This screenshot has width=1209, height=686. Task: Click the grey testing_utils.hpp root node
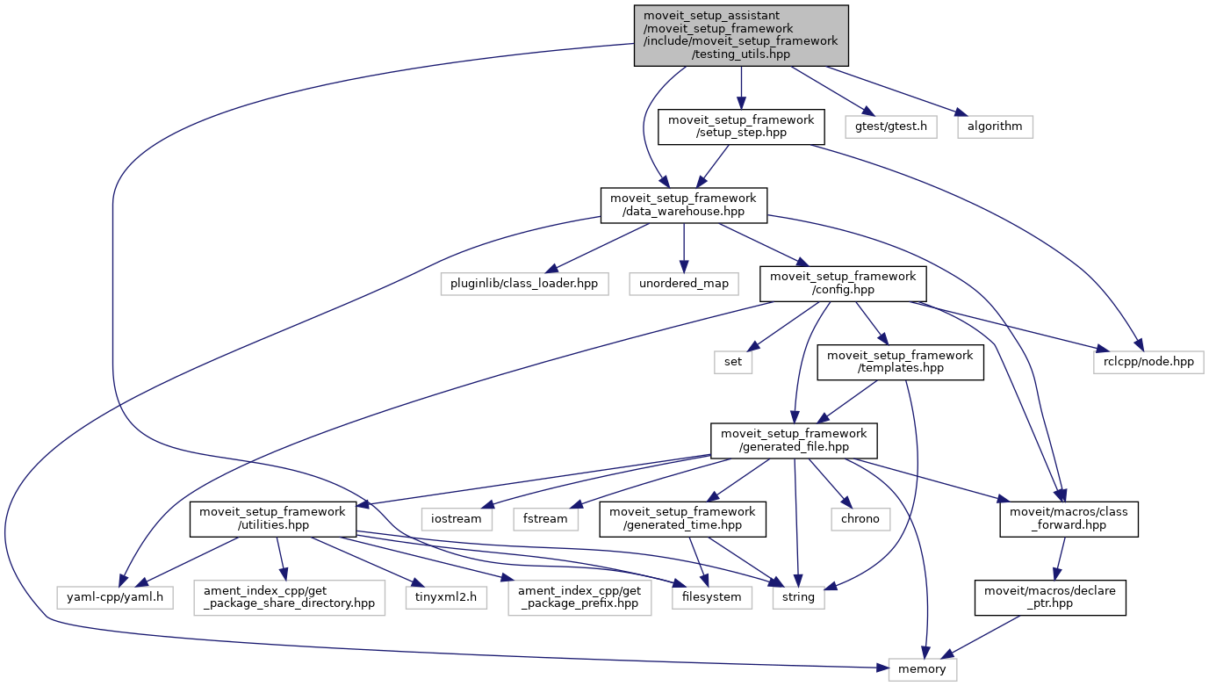(742, 35)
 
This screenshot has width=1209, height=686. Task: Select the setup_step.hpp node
(742, 126)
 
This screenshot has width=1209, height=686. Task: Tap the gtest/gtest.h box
(891, 126)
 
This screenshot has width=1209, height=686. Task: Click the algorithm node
(994, 126)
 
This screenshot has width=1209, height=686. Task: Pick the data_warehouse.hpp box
(683, 206)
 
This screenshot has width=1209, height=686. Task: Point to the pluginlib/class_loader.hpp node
(525, 285)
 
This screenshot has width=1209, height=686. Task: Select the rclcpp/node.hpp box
(1148, 362)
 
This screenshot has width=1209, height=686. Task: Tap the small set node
(732, 362)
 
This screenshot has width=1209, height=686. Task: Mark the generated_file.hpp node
(794, 440)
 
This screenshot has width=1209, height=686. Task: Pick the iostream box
(456, 518)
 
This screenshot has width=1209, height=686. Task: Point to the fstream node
(546, 518)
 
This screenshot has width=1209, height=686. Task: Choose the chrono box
(860, 518)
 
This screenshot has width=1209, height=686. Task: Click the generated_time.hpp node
(683, 518)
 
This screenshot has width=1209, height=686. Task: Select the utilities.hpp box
(273, 518)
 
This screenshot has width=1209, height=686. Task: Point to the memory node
(922, 669)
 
